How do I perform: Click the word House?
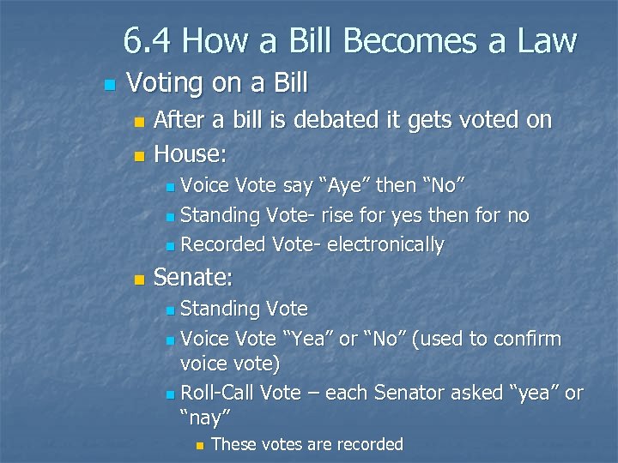(190, 154)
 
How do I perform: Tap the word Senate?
(193, 278)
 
